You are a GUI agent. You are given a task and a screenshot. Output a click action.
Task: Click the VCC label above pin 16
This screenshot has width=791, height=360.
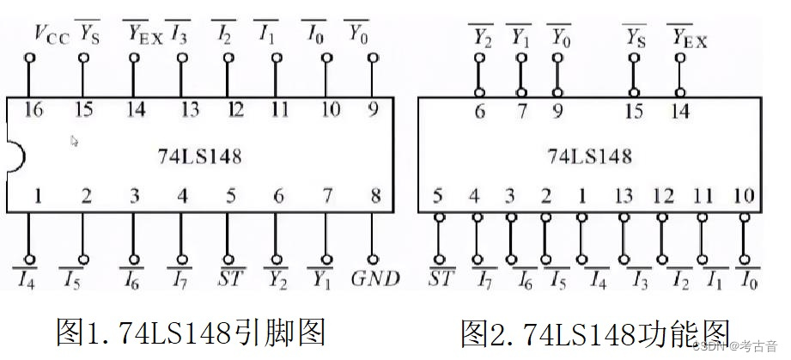[51, 35]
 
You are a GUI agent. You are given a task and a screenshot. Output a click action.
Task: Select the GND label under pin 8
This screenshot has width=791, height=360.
[375, 278]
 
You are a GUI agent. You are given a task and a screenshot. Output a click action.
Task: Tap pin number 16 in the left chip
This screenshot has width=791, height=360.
[33, 110]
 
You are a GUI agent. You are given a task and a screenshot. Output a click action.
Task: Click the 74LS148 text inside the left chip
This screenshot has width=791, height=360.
[198, 156]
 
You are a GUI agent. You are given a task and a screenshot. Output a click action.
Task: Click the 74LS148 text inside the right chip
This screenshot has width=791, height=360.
[589, 156]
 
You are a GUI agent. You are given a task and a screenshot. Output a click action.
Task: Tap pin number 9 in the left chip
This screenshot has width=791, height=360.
[374, 110]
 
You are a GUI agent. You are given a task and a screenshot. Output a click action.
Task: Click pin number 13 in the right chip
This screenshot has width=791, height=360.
[624, 197]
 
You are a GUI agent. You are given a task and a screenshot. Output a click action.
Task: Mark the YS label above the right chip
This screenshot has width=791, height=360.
[635, 38]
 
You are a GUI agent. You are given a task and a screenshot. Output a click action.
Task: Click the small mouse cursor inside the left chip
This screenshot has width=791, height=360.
[75, 140]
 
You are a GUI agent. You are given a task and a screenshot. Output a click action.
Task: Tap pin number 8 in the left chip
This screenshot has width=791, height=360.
[375, 197]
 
